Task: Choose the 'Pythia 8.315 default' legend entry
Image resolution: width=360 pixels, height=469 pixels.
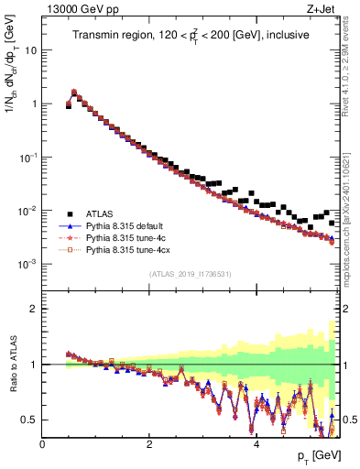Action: (128, 224)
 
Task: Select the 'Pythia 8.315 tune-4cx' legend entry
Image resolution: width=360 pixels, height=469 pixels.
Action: (129, 249)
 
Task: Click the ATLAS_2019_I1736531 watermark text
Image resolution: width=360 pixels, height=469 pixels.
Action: (191, 275)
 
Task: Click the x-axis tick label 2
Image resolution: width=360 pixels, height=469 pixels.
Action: (149, 444)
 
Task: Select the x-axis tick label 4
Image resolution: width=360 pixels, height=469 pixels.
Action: (256, 444)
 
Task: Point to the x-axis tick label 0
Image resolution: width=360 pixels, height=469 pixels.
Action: (42, 444)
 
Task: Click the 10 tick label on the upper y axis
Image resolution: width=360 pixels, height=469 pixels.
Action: (30, 49)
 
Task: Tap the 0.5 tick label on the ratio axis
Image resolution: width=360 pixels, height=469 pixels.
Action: (29, 420)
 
